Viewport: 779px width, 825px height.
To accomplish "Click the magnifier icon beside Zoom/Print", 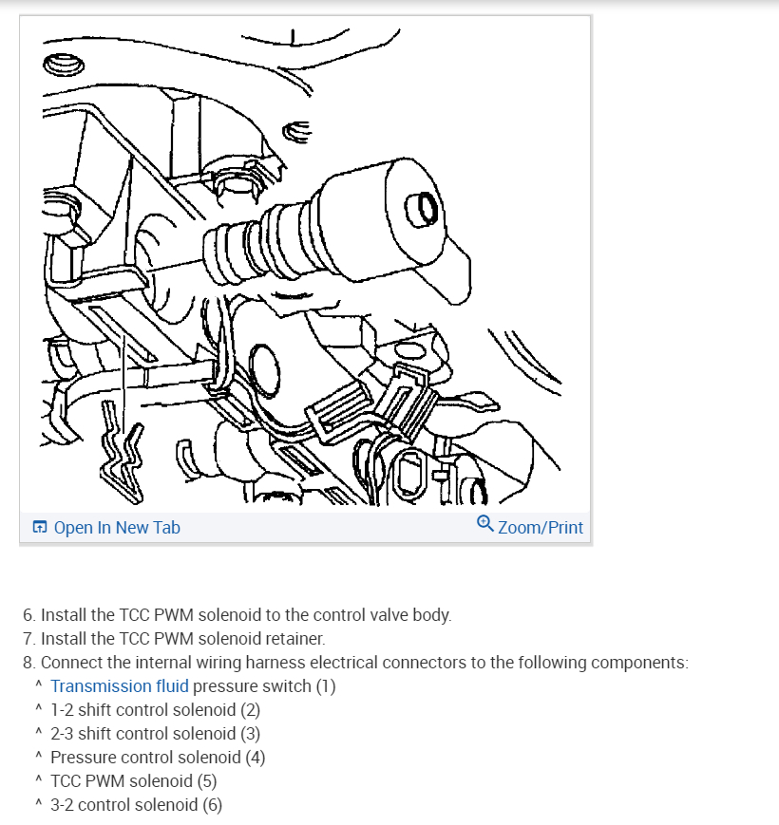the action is point(484,523).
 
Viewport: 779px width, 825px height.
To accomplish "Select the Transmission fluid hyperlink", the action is point(120,685).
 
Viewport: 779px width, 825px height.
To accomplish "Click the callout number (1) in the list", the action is point(326,686).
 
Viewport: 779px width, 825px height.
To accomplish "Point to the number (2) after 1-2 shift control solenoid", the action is point(251,710).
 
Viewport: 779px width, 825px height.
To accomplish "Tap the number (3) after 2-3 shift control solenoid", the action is point(251,734).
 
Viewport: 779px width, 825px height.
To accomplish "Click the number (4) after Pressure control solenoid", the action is point(256,758).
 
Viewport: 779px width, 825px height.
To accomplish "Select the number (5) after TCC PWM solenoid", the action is point(207,780).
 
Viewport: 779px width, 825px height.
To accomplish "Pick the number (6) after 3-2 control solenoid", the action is point(213,804).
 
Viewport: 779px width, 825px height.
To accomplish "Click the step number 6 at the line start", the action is point(28,614).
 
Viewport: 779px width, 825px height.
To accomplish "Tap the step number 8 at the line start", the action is point(28,662).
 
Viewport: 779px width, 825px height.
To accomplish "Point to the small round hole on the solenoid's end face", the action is point(421,210).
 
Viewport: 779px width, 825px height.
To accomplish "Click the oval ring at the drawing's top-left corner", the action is point(63,65).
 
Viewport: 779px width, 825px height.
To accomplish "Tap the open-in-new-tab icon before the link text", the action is point(40,527).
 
